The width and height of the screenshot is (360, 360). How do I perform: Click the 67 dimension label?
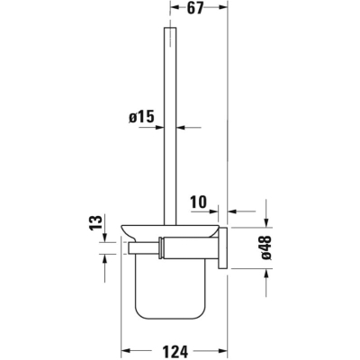click(x=195, y=8)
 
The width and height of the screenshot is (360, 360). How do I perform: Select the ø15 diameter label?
click(x=141, y=116)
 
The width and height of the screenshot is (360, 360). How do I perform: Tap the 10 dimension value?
click(x=199, y=202)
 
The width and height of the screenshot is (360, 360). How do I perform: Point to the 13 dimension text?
click(x=96, y=222)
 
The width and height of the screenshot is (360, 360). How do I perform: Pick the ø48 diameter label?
click(x=265, y=247)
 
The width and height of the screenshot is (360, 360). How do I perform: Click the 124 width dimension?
click(x=175, y=350)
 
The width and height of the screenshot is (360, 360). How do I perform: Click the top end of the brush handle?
click(x=170, y=28)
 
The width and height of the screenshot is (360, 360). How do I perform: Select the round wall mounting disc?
click(x=223, y=247)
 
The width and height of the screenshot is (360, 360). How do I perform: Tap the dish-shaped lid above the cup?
click(x=169, y=230)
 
